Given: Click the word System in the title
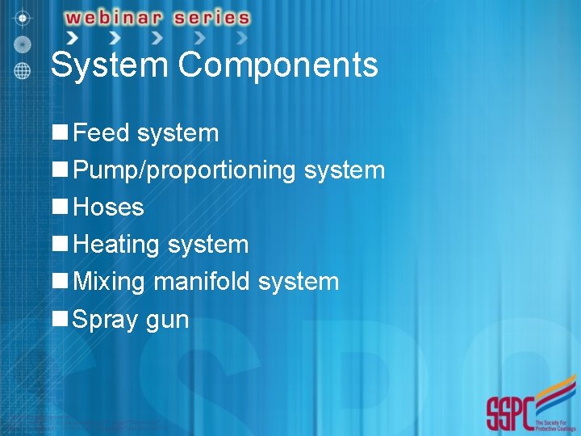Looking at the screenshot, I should [x=110, y=65].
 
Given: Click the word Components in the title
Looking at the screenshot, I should [x=278, y=65].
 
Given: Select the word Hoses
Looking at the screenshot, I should [x=108, y=208].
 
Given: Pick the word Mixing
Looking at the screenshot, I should [x=109, y=282].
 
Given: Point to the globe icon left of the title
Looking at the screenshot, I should [x=23, y=70].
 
